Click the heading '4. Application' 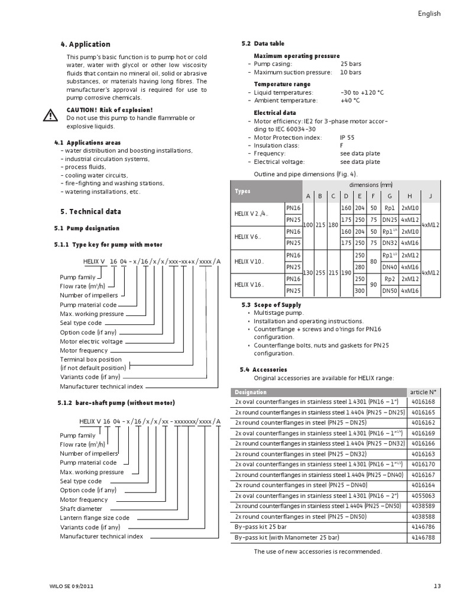coord(85,44)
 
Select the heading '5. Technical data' coord(90,211)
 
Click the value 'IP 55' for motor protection coord(348,137)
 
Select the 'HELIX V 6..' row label coord(248,237)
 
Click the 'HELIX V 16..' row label coord(249,284)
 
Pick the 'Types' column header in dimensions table coord(243,191)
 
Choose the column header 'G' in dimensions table coord(389,196)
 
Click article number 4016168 coord(423,402)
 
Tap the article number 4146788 coord(423,537)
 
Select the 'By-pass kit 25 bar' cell coord(261,527)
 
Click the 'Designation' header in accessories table coord(251,392)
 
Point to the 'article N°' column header coord(423,392)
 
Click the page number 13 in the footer coord(437,586)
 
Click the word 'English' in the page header coord(429,14)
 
